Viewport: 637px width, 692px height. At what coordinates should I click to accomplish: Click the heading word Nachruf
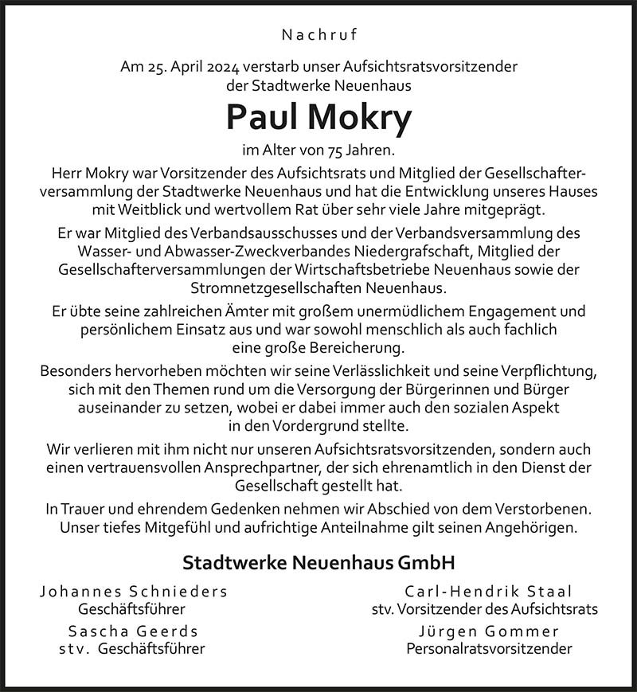pos(318,34)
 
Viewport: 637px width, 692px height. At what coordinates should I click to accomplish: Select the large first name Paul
pos(261,118)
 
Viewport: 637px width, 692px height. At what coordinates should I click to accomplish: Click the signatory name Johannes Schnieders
pos(133,592)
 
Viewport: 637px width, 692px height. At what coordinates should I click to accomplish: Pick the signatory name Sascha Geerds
pos(133,631)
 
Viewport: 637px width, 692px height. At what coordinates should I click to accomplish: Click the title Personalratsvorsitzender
pos(489,649)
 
